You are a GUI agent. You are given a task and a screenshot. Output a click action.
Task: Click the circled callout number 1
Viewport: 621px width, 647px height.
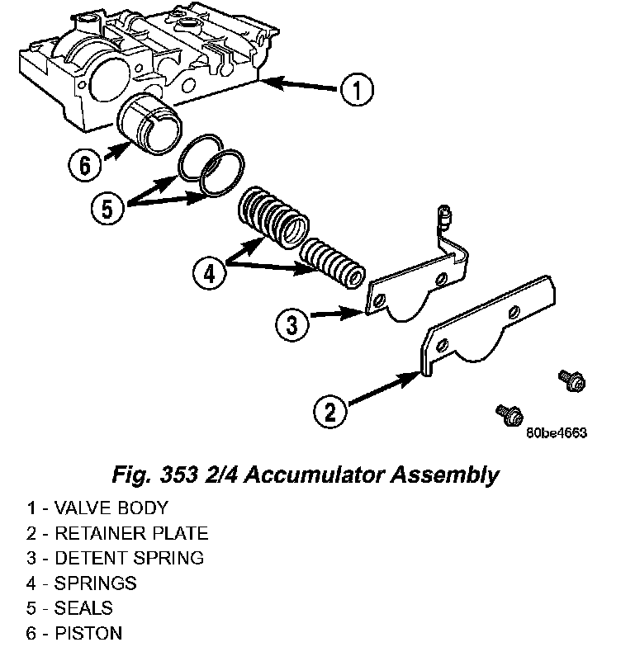click(357, 91)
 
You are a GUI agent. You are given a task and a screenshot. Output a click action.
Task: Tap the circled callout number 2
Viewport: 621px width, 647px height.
click(330, 410)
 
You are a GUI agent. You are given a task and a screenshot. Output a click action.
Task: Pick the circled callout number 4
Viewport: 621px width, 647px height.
click(209, 272)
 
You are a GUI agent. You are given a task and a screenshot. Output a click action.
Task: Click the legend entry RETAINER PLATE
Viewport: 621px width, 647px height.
click(130, 533)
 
